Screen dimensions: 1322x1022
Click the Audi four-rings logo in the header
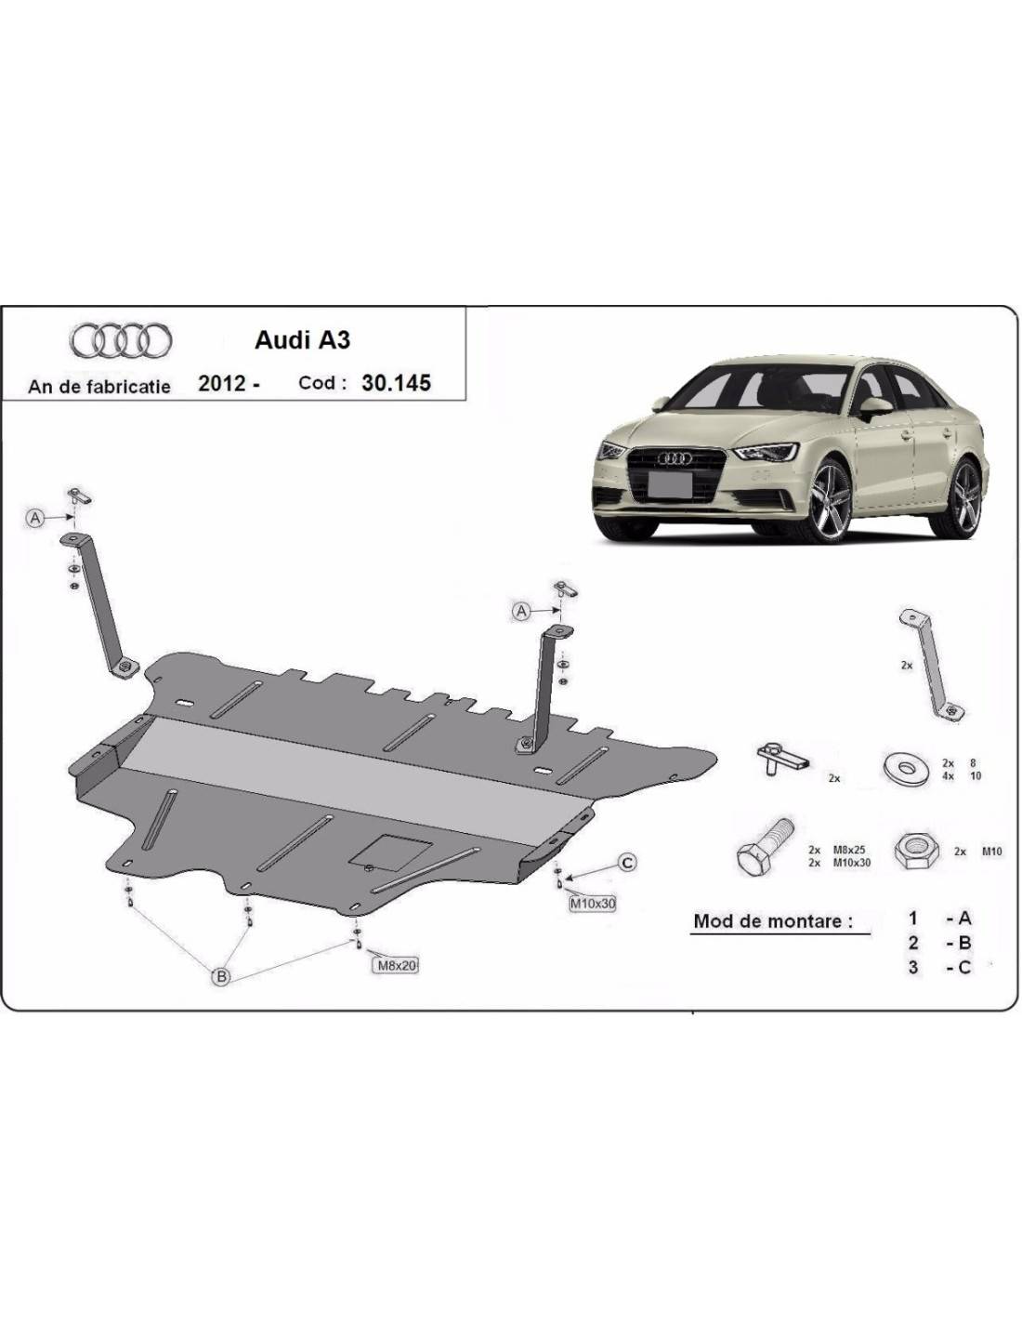point(120,341)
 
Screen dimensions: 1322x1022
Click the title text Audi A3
point(303,340)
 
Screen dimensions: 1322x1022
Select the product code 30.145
point(396,382)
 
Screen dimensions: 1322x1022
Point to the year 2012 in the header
point(222,383)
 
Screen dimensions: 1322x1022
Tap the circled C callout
point(627,863)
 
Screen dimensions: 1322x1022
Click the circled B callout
point(222,975)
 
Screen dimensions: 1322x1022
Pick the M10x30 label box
point(593,903)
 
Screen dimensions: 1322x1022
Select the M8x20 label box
point(396,965)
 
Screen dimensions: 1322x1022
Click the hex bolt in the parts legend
point(764,846)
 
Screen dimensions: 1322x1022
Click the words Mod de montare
point(773,921)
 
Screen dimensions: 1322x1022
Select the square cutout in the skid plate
point(390,849)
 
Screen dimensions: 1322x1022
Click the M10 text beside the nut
point(991,851)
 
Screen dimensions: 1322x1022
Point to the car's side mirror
point(875,405)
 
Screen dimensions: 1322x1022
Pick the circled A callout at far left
point(35,518)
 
